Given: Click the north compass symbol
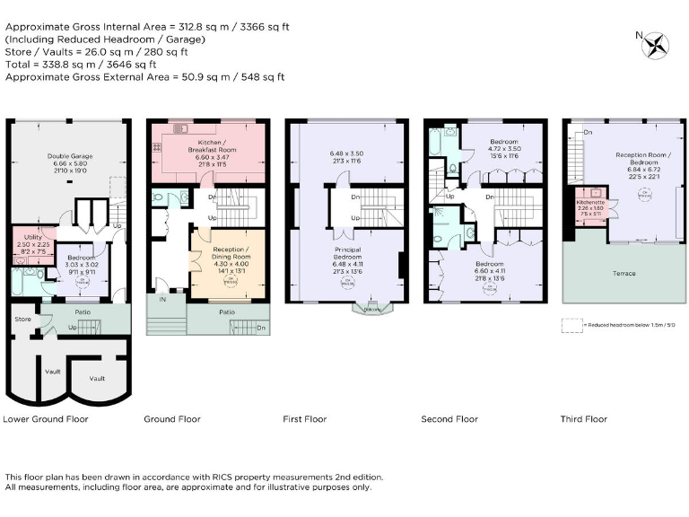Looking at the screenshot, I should (658, 44).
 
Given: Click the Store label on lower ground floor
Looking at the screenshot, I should (22, 318).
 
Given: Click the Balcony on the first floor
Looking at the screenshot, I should (371, 310).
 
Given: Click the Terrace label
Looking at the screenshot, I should (624, 273).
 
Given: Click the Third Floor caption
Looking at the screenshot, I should (583, 419).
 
